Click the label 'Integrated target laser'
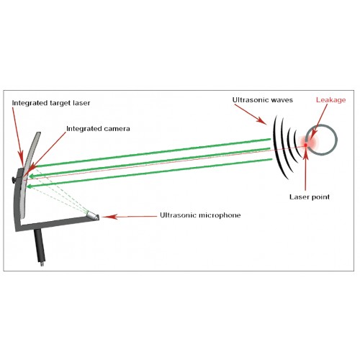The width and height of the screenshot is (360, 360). click(x=51, y=103)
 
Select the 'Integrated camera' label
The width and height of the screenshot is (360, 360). click(x=98, y=129)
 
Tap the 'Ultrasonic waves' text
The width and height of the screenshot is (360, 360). click(x=263, y=100)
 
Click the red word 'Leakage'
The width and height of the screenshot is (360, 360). click(x=330, y=100)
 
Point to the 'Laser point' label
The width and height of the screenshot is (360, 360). click(x=310, y=197)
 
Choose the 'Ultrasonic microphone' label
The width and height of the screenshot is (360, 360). click(x=200, y=215)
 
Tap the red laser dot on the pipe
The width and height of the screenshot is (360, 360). click(x=306, y=145)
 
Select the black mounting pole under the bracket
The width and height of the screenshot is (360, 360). click(x=40, y=247)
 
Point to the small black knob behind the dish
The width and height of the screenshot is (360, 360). click(x=14, y=179)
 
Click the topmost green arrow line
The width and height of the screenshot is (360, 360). click(x=153, y=153)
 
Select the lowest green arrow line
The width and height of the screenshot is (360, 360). click(x=149, y=173)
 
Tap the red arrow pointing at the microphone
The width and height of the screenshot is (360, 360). click(x=130, y=217)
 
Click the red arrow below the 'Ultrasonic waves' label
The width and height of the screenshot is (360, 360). click(x=251, y=114)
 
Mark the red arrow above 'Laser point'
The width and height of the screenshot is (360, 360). click(x=305, y=170)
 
